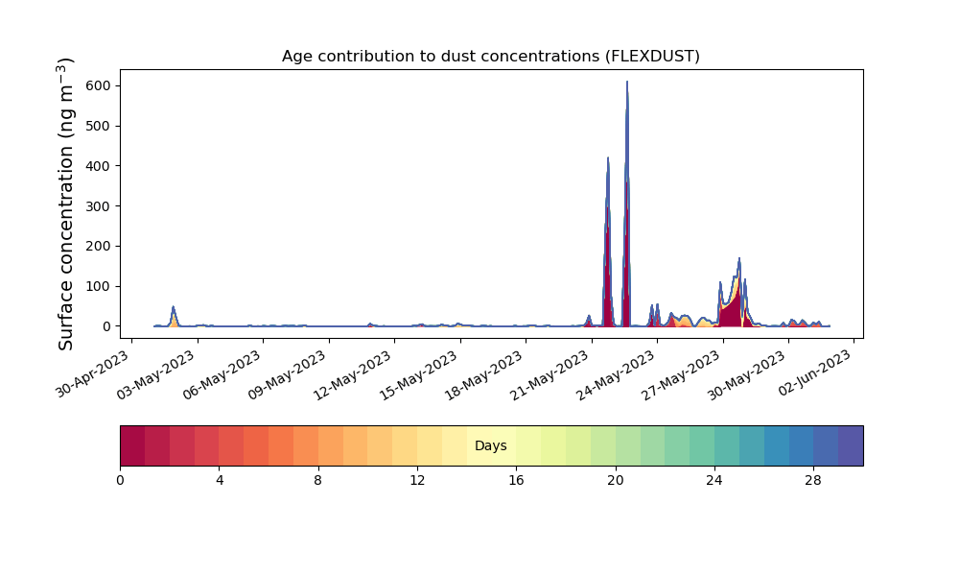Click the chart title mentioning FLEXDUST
click(490, 57)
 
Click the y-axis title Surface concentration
click(65, 204)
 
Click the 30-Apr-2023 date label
click(93, 374)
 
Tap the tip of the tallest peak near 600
click(627, 82)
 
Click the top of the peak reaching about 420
click(608, 158)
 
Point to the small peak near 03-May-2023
click(173, 307)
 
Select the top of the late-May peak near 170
click(739, 258)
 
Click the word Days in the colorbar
click(490, 445)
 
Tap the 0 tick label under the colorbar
click(120, 481)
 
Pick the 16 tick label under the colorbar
click(516, 481)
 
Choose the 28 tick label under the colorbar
click(813, 481)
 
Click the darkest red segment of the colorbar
click(132, 445)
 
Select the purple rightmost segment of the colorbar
click(851, 445)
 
